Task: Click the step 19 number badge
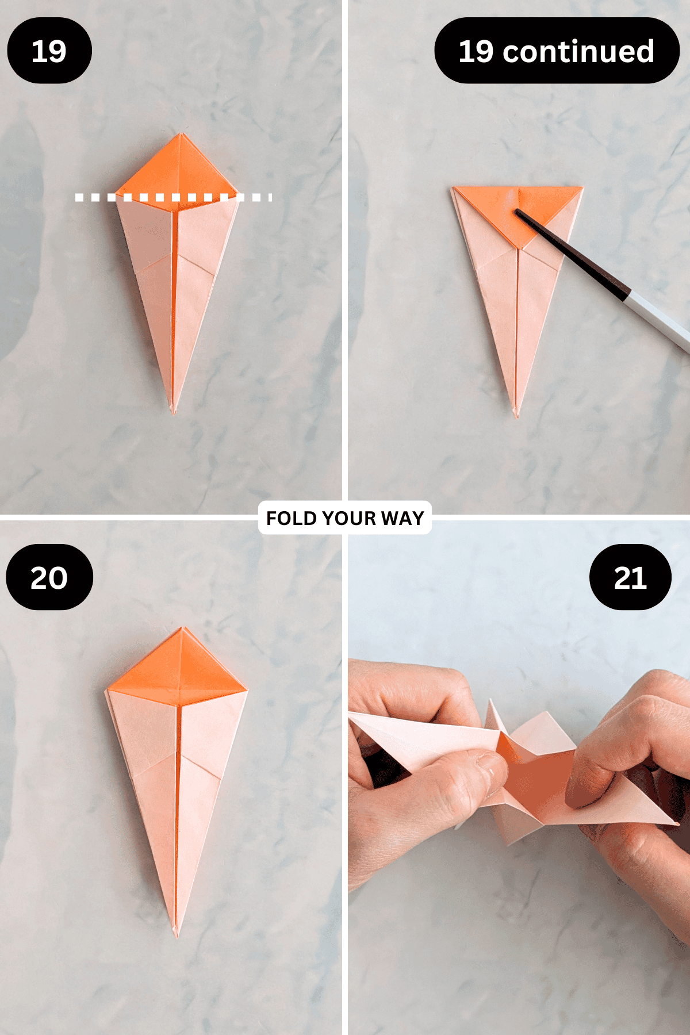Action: point(49,51)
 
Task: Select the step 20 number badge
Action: point(49,577)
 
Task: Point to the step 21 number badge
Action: point(630,577)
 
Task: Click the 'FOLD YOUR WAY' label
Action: point(345,518)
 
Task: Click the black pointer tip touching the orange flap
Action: point(518,212)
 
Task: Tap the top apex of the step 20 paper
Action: point(182,629)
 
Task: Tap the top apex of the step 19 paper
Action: point(181,135)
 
